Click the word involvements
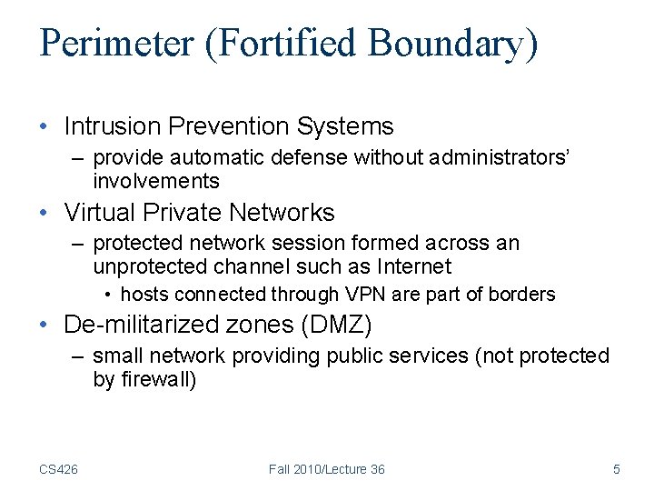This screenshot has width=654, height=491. [156, 180]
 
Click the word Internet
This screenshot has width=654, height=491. [409, 266]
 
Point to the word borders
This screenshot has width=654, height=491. [521, 295]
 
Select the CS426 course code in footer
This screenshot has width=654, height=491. [58, 469]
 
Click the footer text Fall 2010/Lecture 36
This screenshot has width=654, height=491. [326, 469]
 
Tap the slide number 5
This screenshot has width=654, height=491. [617, 469]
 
